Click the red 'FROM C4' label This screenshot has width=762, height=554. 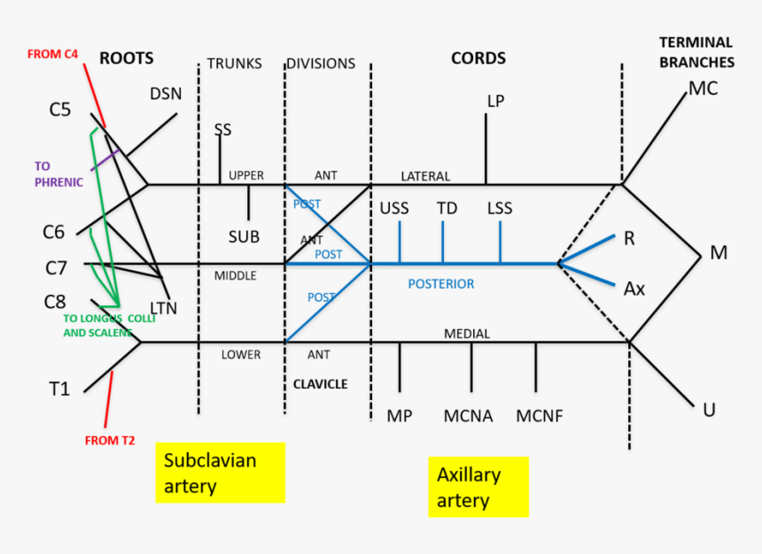coord(53,54)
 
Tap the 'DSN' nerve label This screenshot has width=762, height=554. coord(166,94)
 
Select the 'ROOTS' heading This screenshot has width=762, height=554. coord(126,58)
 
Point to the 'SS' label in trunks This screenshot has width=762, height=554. coord(222,129)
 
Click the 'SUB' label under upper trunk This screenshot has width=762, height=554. coord(244,236)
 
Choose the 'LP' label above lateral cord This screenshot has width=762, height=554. coord(495,101)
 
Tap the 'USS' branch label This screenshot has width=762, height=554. coord(394,209)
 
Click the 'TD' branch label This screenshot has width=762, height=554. coord(447,209)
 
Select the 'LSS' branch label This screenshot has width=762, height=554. coord(500,209)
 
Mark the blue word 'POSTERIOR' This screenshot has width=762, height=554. coord(440,284)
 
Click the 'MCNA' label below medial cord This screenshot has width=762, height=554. coord(469,416)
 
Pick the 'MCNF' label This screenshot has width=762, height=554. coord(540,416)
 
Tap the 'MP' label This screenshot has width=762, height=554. coord(400,416)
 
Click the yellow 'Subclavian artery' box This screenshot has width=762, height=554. coord(220,473)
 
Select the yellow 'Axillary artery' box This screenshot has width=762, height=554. coord(478,487)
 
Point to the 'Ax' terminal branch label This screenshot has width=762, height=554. coord(634,289)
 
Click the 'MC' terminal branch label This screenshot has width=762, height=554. coord(703,88)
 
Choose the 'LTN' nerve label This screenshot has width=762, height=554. coord(163,308)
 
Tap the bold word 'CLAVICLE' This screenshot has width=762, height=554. coord(320,384)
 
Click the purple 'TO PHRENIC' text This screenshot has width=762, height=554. coord(58,173)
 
